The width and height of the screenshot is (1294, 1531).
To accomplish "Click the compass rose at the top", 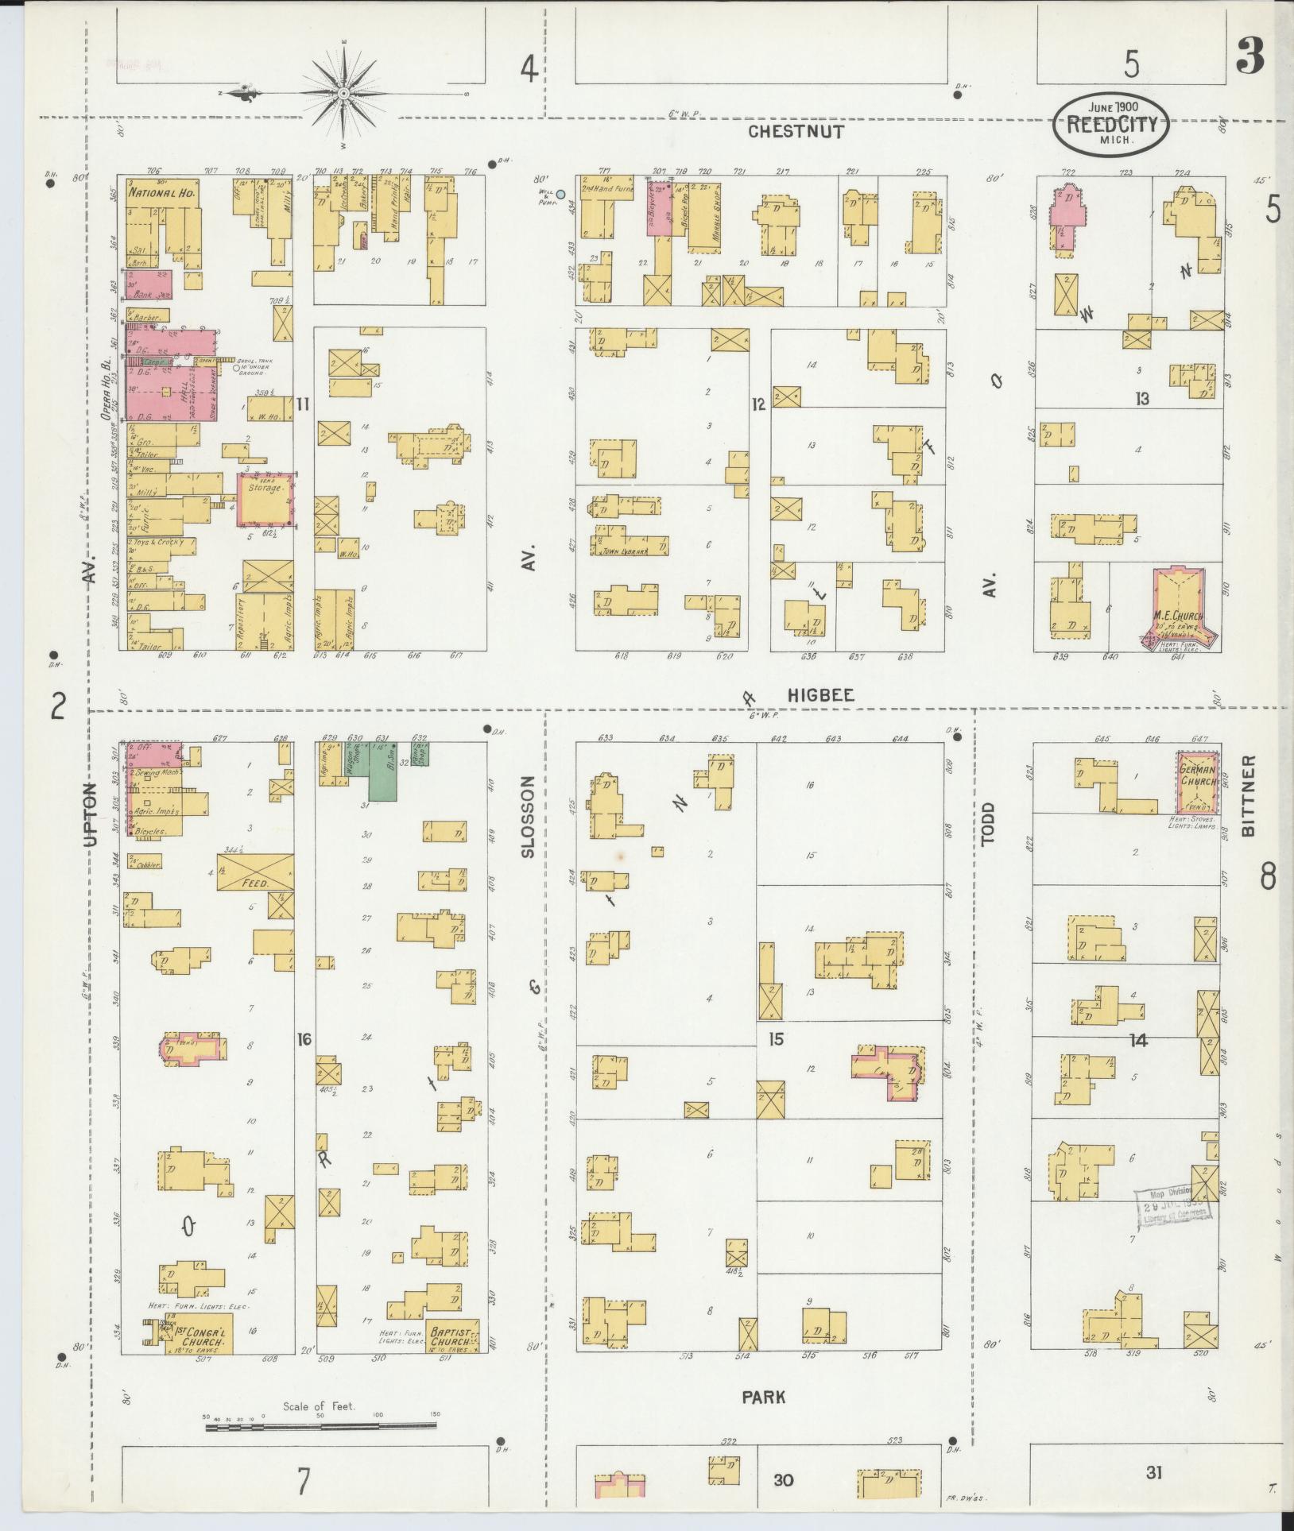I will pos(343,94).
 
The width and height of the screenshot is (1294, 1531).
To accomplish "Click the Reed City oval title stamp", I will pos(1111,126).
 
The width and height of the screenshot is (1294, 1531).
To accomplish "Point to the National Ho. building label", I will pos(163,192).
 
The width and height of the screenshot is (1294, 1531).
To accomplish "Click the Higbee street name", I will pos(820,695).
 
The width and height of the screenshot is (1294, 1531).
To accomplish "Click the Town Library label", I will pos(626,550).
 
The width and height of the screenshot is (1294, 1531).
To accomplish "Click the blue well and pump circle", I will pos(560,194).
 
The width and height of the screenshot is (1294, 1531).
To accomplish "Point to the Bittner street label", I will pos(1248,795).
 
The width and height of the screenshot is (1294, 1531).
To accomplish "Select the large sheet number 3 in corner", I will pos(1253,58).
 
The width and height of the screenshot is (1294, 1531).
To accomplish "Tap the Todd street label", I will pos(988,826).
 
